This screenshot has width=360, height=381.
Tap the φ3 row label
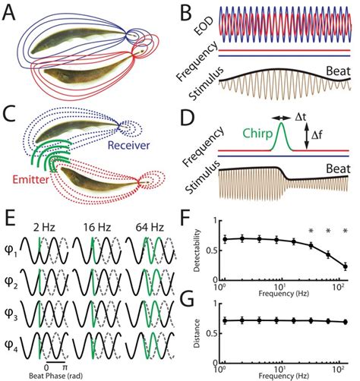(x=14, y=307)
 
